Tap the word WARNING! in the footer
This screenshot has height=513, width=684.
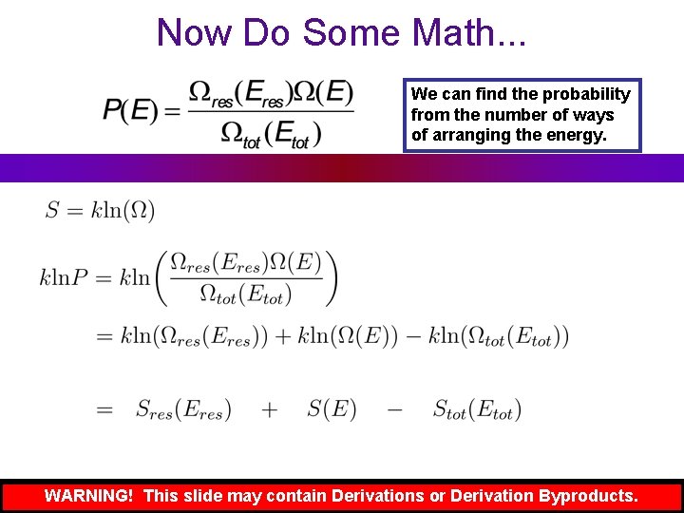[88, 496]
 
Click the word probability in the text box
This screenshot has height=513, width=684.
[586, 94]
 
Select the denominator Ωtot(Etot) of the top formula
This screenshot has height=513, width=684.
[271, 134]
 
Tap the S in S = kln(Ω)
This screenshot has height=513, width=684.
[52, 210]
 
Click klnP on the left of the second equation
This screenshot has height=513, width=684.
[64, 277]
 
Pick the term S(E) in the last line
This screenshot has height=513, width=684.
[332, 410]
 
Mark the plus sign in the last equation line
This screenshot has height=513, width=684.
[270, 410]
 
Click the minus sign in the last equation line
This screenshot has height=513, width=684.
[394, 410]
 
